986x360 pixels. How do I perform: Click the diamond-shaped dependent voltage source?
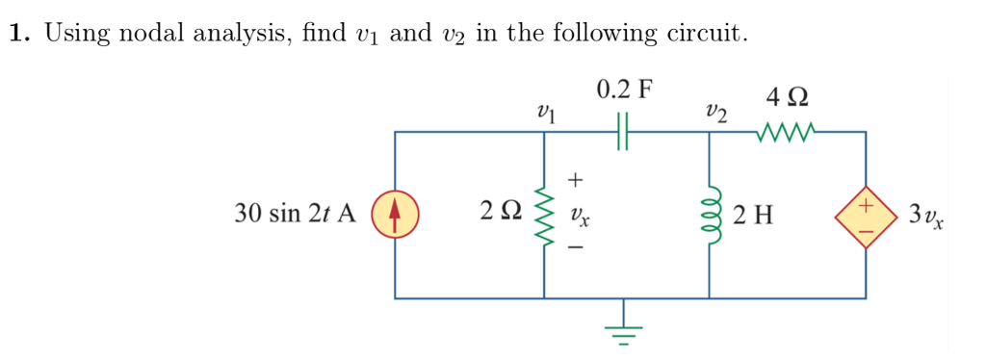[865, 214]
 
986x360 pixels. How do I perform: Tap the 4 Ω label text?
[788, 97]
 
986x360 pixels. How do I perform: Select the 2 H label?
[752, 214]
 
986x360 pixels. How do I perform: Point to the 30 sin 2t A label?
[296, 214]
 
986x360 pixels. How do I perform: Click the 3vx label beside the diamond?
[925, 215]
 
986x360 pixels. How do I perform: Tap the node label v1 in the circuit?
[546, 115]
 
